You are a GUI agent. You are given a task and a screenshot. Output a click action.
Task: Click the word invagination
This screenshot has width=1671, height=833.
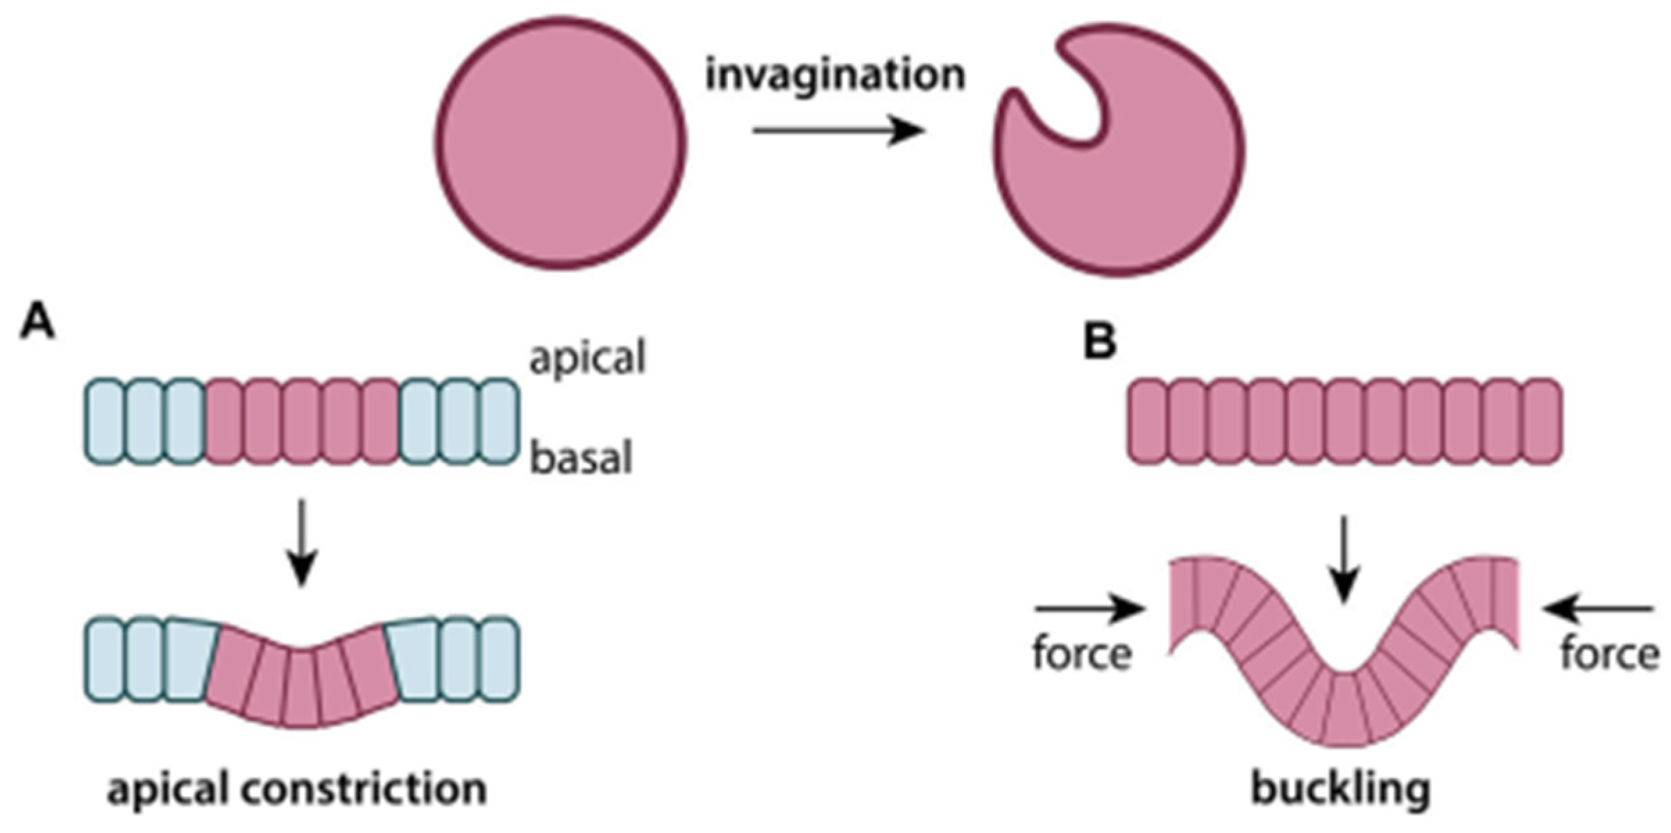[x=835, y=75]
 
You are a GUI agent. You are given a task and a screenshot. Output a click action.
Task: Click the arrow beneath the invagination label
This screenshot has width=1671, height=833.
[x=838, y=131]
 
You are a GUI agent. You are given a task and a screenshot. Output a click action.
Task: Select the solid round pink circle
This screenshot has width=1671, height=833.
[x=561, y=142]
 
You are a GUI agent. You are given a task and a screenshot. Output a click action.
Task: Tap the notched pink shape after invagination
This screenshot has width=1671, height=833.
[x=1138, y=187]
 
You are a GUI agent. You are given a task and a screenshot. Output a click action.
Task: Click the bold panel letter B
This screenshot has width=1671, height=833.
[x=1100, y=342]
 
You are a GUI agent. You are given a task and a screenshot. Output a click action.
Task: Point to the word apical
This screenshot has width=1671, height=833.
[x=587, y=358]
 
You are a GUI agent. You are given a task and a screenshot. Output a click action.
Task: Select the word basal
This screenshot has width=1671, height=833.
[x=582, y=458]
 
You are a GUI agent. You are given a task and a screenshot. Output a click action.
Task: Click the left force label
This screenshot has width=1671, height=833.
[x=1082, y=654]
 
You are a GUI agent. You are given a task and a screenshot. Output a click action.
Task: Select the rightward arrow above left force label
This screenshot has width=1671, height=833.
[x=1089, y=609]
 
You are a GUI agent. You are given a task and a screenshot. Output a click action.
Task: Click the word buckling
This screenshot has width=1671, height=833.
[x=1341, y=789]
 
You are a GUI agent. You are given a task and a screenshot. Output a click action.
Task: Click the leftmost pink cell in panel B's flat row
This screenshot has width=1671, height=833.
[x=1146, y=421]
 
